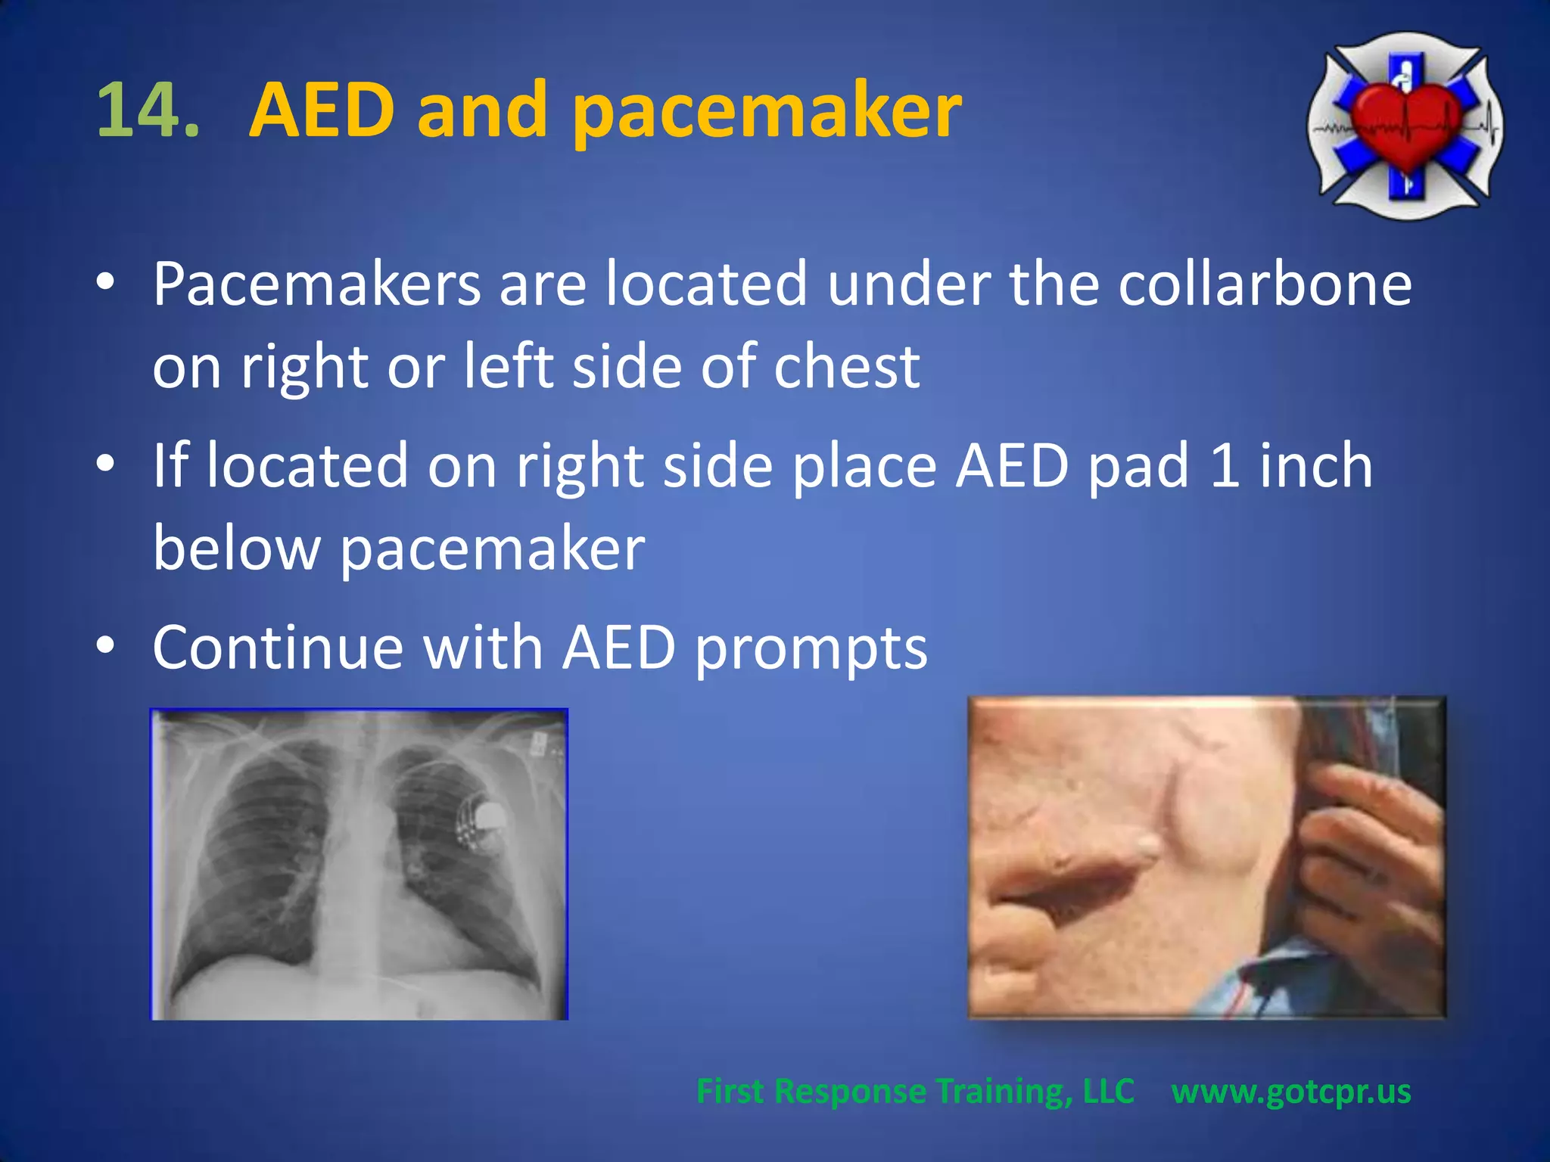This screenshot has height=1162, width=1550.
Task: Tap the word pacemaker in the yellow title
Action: click(766, 113)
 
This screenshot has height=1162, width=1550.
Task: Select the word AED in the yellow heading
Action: click(322, 111)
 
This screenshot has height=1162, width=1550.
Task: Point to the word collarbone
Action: click(1265, 284)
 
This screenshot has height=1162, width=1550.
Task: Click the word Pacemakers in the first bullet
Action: click(316, 284)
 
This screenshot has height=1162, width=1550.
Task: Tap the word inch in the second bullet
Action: click(1316, 466)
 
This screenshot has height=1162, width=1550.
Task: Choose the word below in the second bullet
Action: click(237, 548)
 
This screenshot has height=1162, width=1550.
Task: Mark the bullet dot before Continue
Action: click(105, 645)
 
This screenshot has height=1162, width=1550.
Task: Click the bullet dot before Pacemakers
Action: click(105, 281)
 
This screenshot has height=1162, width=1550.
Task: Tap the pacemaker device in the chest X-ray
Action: click(484, 821)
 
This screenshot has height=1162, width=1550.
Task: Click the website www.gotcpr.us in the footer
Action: click(1291, 1092)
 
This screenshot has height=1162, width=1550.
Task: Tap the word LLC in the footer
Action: click(1108, 1092)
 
